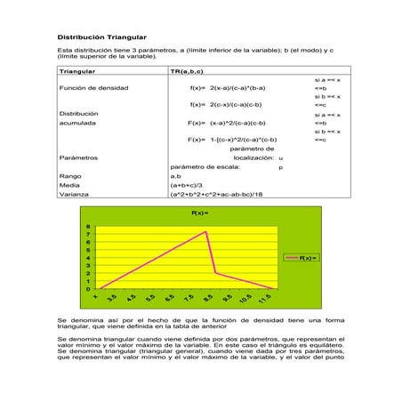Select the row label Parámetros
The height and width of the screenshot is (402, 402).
77,157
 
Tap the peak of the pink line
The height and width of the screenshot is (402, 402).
206,232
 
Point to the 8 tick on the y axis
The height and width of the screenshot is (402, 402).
88,227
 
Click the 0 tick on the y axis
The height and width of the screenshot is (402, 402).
88,289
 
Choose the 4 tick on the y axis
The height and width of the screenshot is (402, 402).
88,258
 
